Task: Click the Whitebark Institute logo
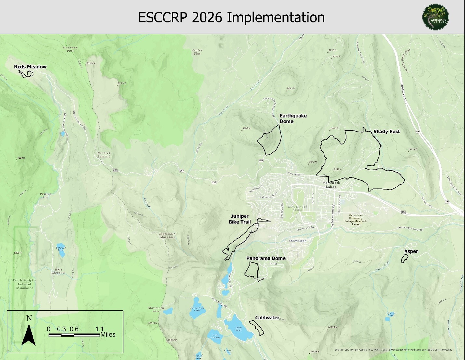(436, 17)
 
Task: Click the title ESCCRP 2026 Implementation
(231, 17)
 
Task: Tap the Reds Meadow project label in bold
(30, 67)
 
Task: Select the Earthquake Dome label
(293, 118)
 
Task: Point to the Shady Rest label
(386, 132)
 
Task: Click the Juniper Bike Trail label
(240, 219)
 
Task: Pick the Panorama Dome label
(266, 258)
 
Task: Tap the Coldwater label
(267, 318)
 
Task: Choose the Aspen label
(411, 251)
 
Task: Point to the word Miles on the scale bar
(108, 335)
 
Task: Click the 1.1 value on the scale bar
(100, 329)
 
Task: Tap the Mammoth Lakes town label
(331, 185)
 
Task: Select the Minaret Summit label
(104, 155)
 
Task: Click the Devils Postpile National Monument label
(24, 284)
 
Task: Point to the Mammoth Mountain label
(167, 235)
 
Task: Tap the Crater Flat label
(197, 52)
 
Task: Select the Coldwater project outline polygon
(257, 328)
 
